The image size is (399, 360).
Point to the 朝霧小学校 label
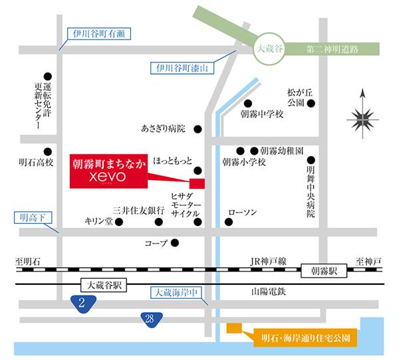(x=243, y=163)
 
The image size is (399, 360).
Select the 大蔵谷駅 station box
(x=98, y=284)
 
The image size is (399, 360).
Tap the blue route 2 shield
(x=82, y=304)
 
